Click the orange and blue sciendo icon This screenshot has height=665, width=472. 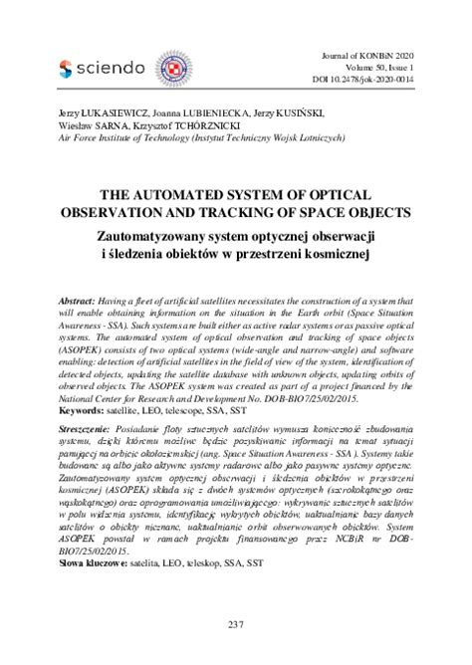click(x=67, y=67)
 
